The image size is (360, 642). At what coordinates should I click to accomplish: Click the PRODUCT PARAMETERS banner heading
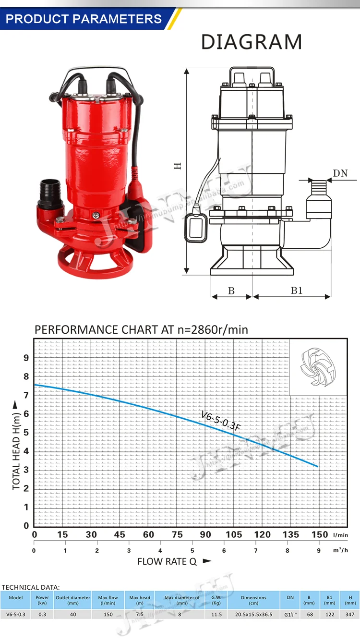[84, 19]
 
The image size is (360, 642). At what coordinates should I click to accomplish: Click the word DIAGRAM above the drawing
[251, 42]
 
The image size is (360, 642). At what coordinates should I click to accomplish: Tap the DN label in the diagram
[340, 173]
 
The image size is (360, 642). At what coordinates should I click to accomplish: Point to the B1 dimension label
[297, 291]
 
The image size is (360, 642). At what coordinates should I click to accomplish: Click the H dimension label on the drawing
[178, 166]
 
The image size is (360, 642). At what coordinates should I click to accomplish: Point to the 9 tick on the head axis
[26, 358]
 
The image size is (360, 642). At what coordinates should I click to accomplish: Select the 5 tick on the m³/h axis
[192, 551]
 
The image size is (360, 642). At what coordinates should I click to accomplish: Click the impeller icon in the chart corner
[317, 368]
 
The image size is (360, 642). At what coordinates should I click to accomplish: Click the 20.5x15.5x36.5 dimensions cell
[253, 614]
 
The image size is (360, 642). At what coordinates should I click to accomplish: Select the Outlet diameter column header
[73, 600]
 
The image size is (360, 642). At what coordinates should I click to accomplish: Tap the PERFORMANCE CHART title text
[141, 330]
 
